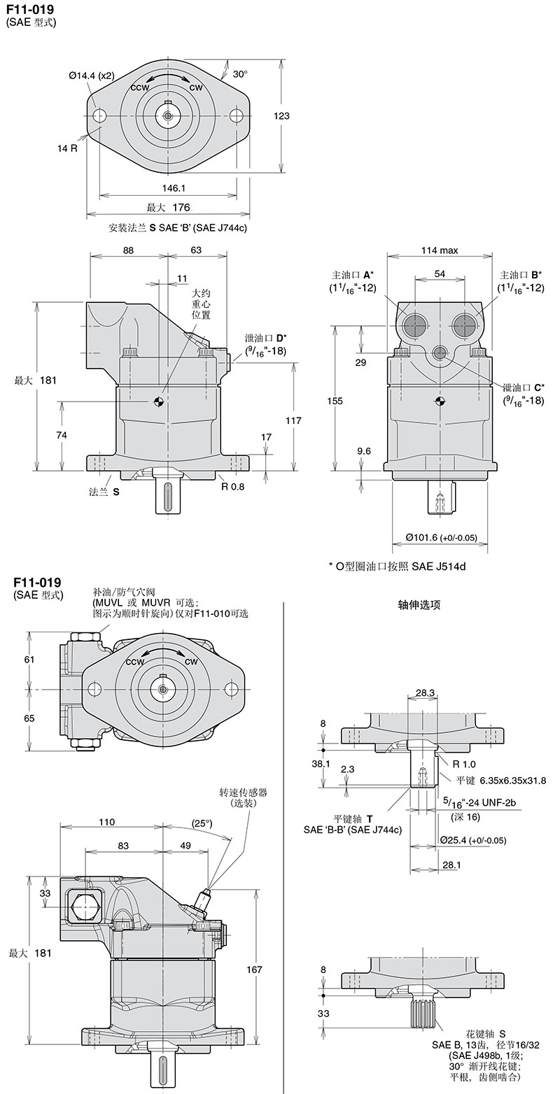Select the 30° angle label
click(240, 73)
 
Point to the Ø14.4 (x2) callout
click(91, 76)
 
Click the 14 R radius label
click(68, 148)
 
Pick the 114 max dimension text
click(439, 250)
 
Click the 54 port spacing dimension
click(440, 274)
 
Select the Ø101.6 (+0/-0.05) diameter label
click(441, 538)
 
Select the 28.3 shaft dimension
click(424, 692)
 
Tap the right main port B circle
click(465, 325)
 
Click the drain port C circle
click(440, 353)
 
